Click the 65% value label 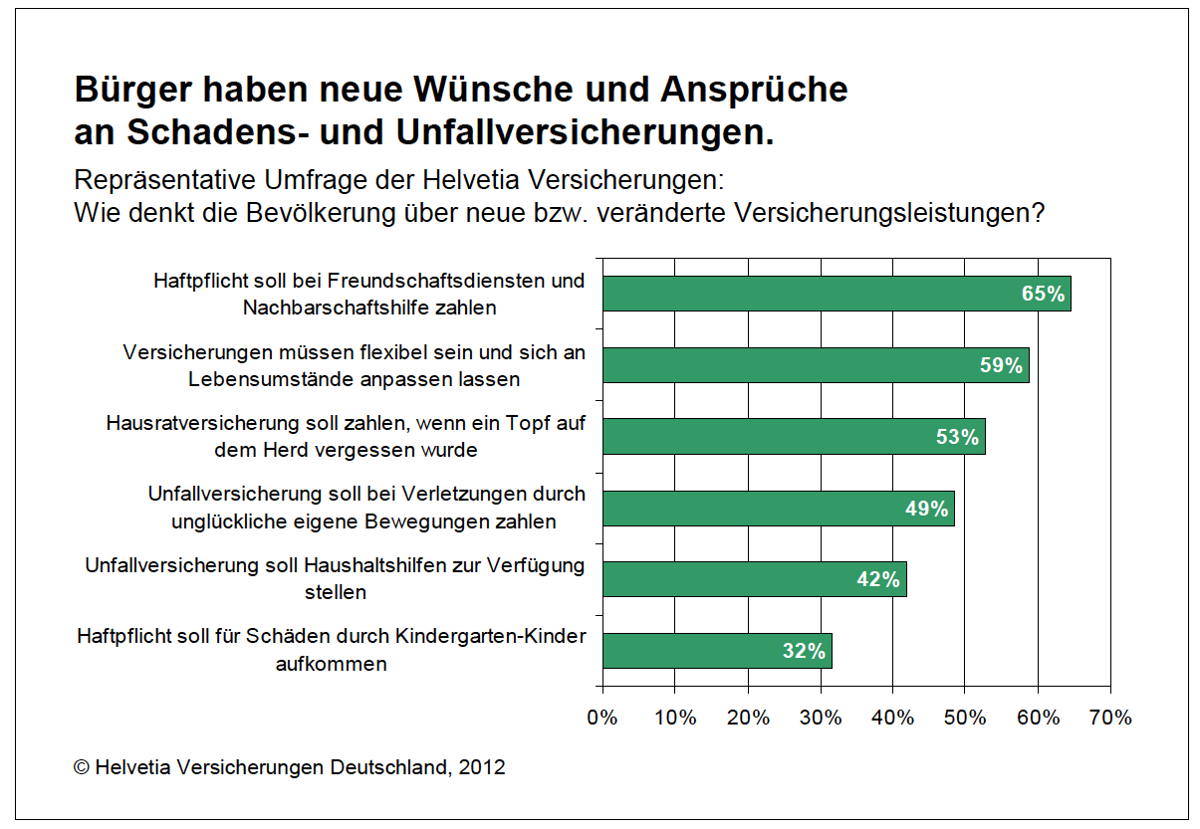tap(1043, 295)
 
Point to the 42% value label tap(878, 579)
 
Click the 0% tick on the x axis tap(602, 718)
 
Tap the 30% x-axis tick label tap(821, 718)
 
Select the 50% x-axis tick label tap(965, 718)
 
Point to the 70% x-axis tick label tap(1110, 718)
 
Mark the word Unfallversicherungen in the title tap(585, 133)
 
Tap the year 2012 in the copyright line tap(482, 767)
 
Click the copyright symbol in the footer tap(82, 767)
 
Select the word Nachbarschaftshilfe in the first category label tap(369, 308)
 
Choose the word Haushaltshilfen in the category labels tap(370, 565)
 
